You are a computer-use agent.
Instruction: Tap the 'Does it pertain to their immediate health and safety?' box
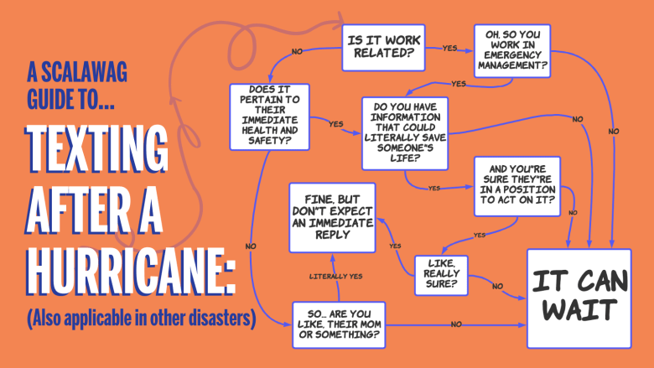269,117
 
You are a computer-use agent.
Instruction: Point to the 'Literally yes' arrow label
336,276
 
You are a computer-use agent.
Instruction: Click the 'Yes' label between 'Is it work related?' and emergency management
450,48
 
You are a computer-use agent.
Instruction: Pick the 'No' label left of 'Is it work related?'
297,51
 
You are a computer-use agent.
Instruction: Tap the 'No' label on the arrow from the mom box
456,324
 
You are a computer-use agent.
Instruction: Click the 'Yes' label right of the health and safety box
336,124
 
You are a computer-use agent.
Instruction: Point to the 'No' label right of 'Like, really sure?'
498,287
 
